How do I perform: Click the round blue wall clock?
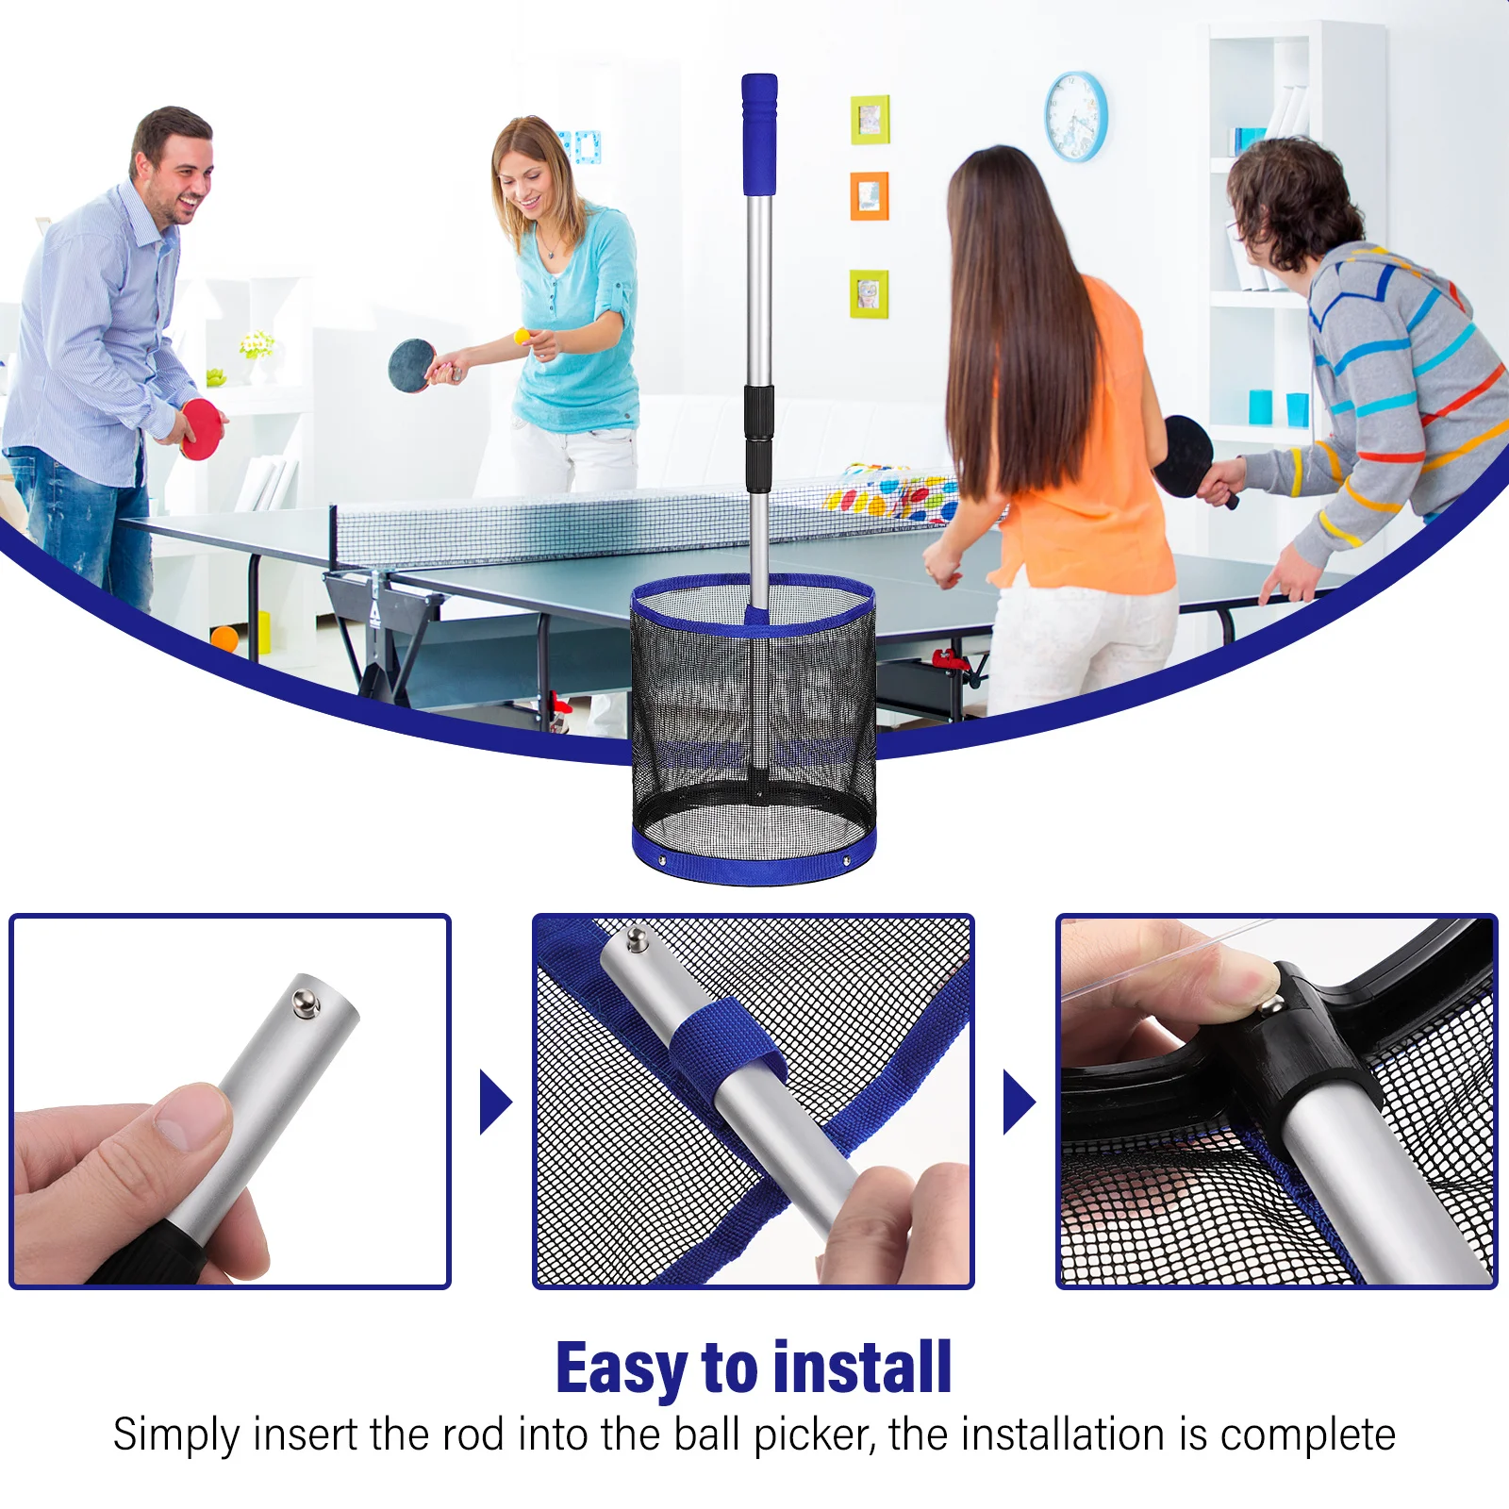click(1076, 116)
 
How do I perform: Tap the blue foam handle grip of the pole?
click(759, 134)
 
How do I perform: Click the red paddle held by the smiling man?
click(201, 430)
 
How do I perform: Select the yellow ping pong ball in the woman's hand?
click(522, 336)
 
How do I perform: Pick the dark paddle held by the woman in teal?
click(411, 365)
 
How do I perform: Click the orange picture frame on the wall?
click(869, 196)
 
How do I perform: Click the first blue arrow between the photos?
click(494, 1102)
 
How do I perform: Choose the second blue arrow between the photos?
click(1018, 1102)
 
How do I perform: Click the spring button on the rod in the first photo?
click(305, 1003)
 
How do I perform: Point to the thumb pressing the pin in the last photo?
click(1226, 978)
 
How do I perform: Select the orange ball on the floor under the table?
click(224, 638)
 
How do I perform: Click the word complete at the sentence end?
click(1307, 1434)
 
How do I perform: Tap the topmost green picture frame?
click(870, 119)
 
